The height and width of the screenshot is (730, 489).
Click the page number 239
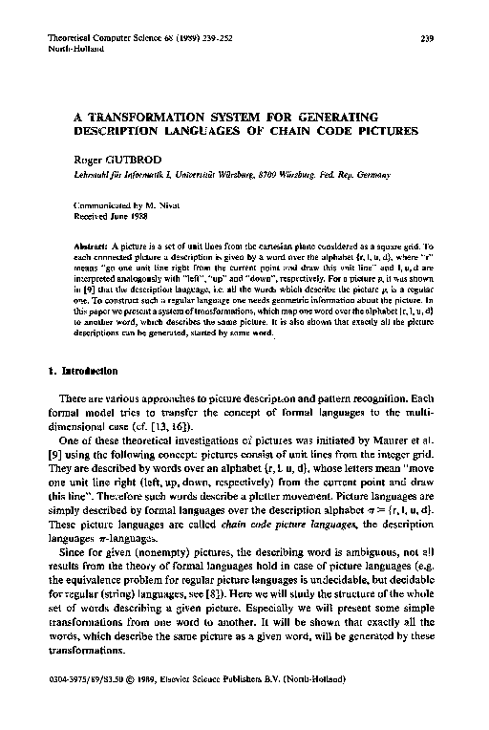coord(427,38)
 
